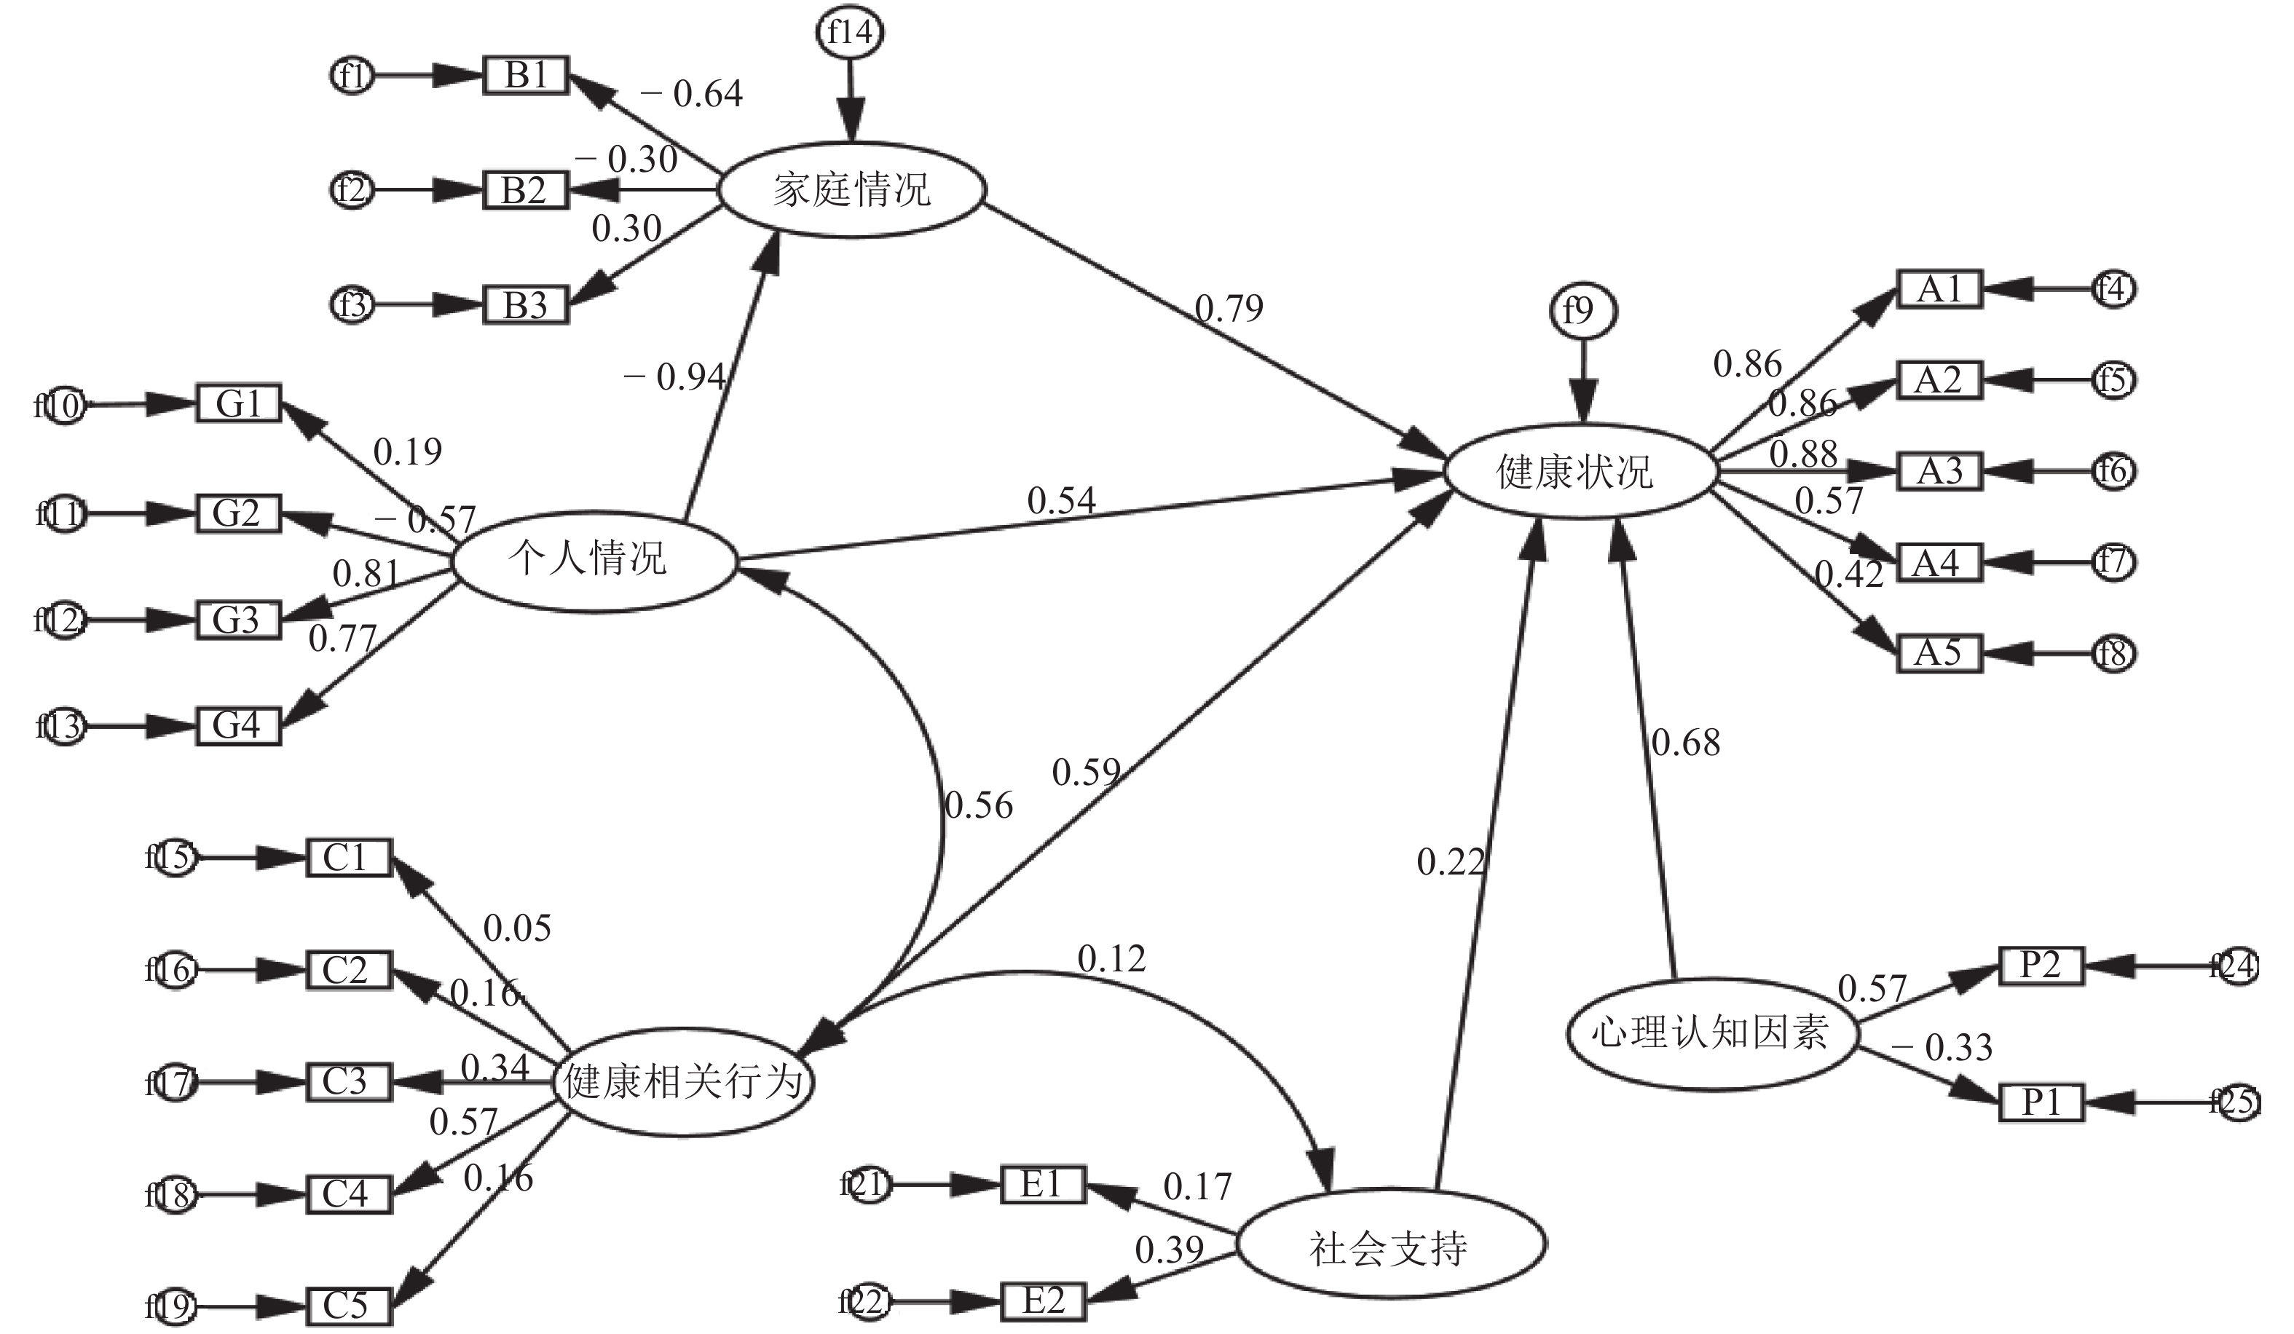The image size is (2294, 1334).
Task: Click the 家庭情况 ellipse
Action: pyautogui.click(x=852, y=190)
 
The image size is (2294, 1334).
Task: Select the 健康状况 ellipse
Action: pyautogui.click(x=1581, y=471)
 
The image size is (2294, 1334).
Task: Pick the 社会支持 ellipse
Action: pyautogui.click(x=1390, y=1246)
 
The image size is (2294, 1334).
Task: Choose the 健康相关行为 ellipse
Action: pyautogui.click(x=683, y=1082)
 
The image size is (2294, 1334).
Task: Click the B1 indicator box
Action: pyautogui.click(x=525, y=76)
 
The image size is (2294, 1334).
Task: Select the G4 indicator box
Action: pyautogui.click(x=239, y=726)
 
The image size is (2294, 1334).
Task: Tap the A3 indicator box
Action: pyautogui.click(x=1939, y=471)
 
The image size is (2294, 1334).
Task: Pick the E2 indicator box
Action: pyautogui.click(x=1043, y=1301)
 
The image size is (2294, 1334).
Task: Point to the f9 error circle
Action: pyautogui.click(x=1582, y=311)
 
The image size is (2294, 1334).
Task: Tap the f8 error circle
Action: pyautogui.click(x=2113, y=653)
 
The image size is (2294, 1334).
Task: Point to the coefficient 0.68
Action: pyautogui.click(x=1686, y=743)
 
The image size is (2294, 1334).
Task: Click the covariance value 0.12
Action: pyautogui.click(x=1111, y=959)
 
